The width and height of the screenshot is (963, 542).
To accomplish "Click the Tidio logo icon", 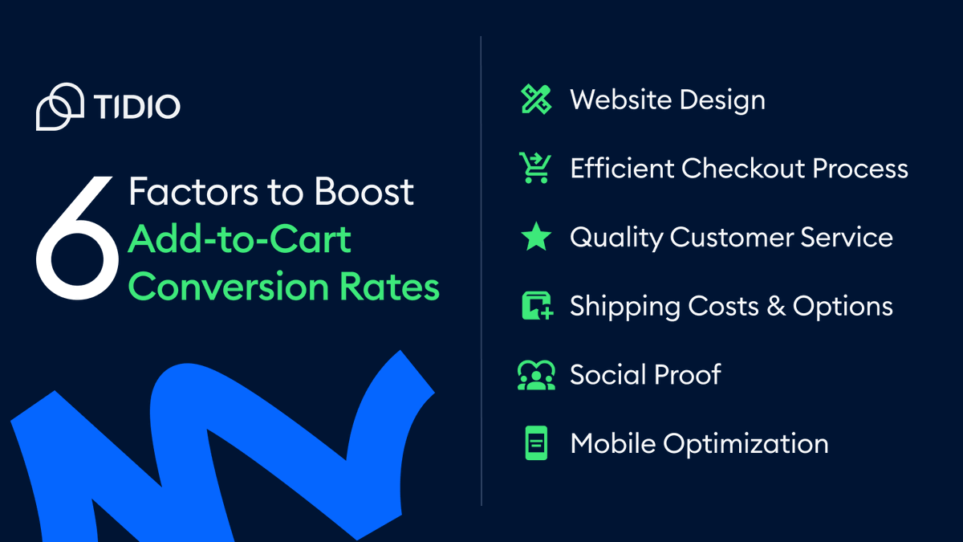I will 59,106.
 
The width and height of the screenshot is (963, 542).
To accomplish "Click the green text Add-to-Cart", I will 240,239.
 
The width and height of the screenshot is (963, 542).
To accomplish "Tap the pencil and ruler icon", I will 535,100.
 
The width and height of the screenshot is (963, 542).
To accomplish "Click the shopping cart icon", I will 534,169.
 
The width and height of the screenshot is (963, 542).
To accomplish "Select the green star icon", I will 535,238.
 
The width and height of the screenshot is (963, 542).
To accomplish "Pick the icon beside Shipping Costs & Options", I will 536,306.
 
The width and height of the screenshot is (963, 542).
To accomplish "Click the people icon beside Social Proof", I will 535,375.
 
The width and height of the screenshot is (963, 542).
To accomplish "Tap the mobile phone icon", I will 535,443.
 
